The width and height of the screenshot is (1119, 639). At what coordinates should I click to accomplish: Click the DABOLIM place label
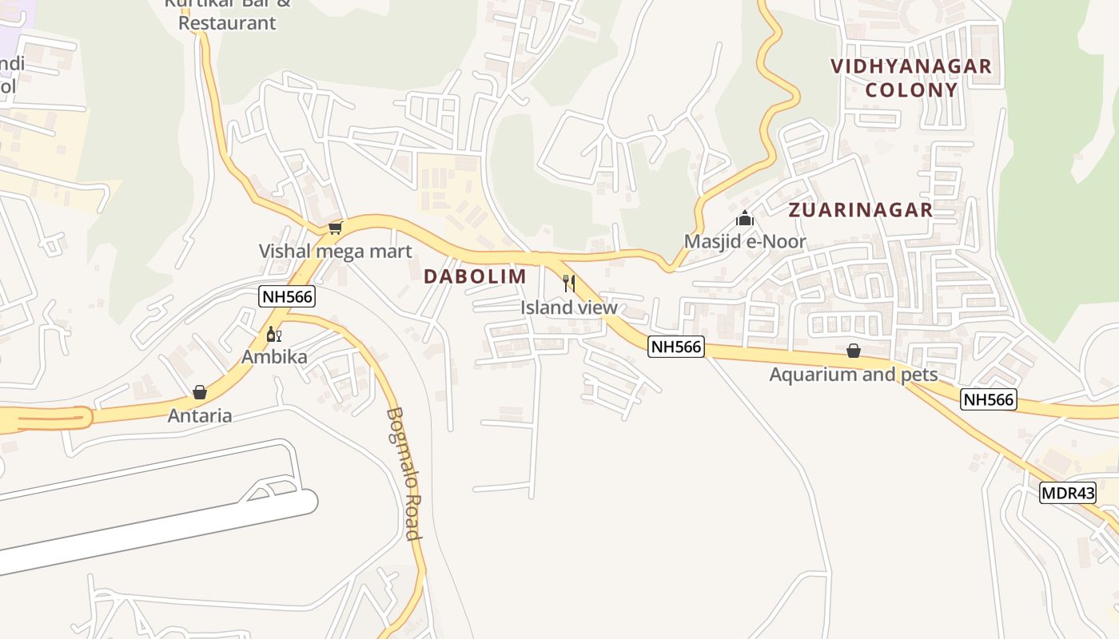(x=475, y=276)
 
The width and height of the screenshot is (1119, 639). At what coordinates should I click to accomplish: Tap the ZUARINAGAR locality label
(x=860, y=210)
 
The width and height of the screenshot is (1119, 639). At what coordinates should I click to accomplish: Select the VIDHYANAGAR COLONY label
(x=911, y=77)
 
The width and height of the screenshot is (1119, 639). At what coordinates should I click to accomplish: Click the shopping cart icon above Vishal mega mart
(x=336, y=228)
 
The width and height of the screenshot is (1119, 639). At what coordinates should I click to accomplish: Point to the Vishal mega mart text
(x=335, y=252)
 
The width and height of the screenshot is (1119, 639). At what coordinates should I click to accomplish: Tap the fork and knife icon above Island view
(x=569, y=283)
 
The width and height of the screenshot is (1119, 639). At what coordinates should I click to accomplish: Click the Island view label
(x=569, y=308)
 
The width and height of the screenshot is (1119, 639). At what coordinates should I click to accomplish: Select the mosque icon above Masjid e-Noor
(x=745, y=218)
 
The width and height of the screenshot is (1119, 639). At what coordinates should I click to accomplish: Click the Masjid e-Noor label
(x=745, y=241)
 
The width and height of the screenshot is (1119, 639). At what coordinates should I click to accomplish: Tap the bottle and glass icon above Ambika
(x=273, y=334)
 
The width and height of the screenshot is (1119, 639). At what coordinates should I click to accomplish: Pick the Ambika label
(x=274, y=357)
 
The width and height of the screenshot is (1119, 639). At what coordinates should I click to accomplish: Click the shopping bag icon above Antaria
(x=200, y=392)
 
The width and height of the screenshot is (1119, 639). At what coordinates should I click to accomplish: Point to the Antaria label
(x=200, y=415)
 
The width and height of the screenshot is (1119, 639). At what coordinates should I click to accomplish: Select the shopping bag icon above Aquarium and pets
(x=854, y=351)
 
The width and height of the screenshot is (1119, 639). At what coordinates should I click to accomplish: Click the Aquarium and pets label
(x=853, y=374)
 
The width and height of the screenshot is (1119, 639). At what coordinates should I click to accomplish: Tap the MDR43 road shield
(x=1068, y=493)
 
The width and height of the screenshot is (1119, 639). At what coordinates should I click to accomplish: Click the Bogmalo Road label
(x=404, y=474)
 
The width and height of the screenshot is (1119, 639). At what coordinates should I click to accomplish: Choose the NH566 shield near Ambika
(x=288, y=297)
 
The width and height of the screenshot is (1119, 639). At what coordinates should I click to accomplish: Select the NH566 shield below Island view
(x=675, y=347)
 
